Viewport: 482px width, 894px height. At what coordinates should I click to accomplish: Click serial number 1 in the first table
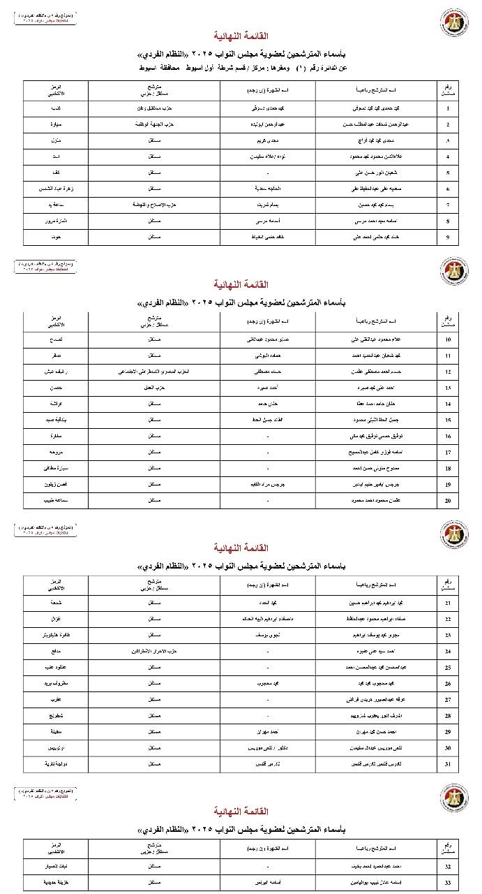[x=447, y=108]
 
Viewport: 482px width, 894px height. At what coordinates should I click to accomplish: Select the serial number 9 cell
[x=447, y=237]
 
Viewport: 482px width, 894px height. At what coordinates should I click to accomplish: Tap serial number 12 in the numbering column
[x=447, y=372]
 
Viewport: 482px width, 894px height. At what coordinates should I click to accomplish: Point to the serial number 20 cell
[x=447, y=500]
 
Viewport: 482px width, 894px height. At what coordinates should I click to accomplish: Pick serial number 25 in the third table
[x=447, y=667]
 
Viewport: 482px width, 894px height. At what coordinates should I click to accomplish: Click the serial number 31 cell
[x=447, y=763]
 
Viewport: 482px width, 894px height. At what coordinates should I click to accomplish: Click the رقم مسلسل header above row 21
[x=447, y=584]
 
